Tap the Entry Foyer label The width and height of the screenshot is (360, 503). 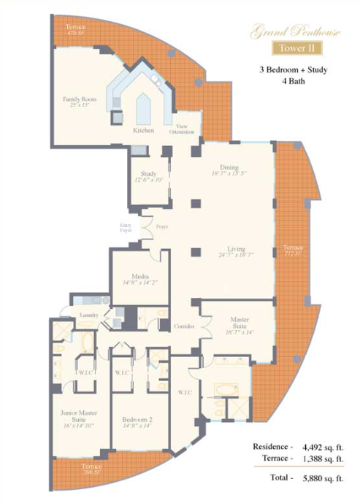[126, 229]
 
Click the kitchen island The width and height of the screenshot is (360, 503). [143, 107]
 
